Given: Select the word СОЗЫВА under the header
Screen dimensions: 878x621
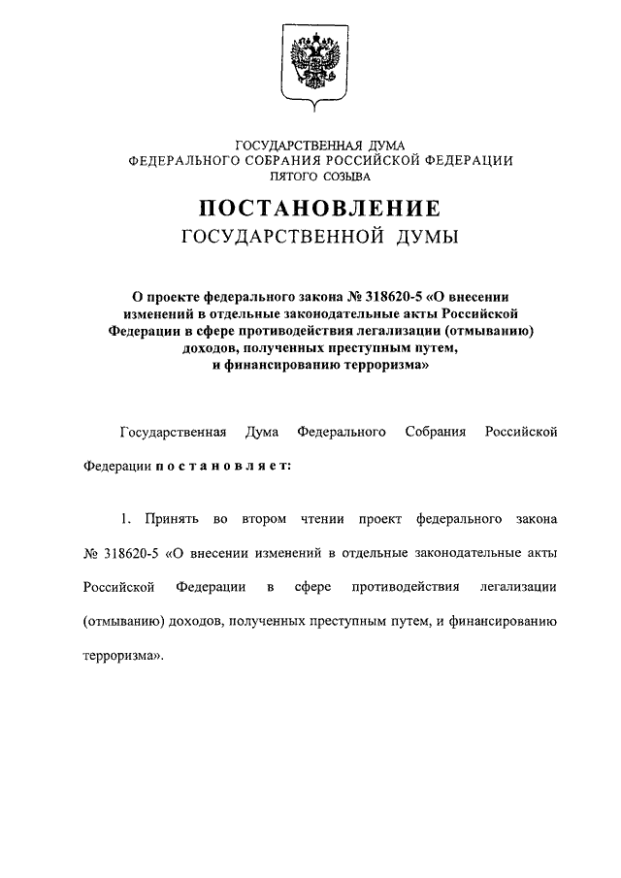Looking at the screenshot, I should click(347, 177).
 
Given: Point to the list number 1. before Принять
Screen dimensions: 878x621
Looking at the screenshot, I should click(127, 519).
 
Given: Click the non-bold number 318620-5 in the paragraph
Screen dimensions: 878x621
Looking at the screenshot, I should click(125, 553).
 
